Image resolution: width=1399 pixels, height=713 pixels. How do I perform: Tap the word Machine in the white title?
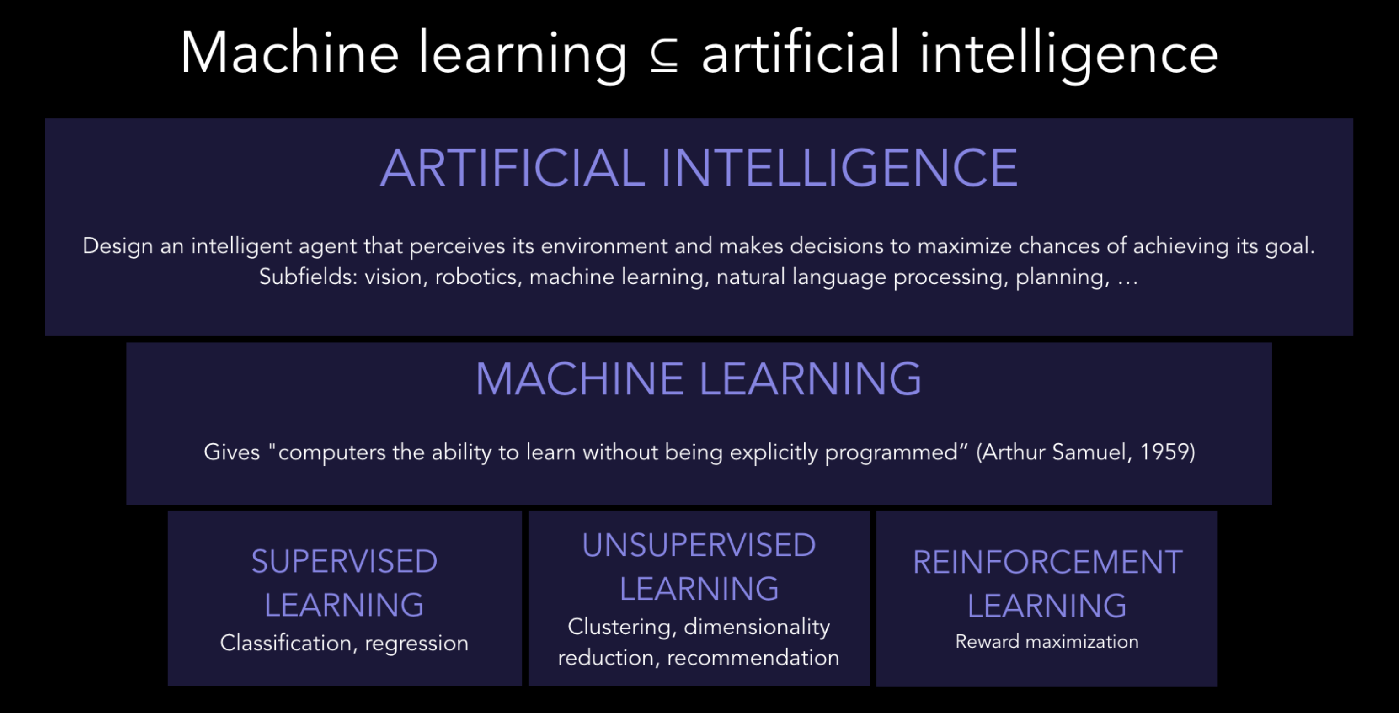coord(290,53)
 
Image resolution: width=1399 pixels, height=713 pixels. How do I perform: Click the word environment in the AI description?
coord(604,246)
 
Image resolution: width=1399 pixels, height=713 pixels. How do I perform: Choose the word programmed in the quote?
coord(891,453)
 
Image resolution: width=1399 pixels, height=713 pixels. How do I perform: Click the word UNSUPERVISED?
coord(699,545)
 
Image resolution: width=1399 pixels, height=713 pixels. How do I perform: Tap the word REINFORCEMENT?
coord(1047,562)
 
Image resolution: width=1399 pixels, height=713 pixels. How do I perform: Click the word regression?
coord(416,644)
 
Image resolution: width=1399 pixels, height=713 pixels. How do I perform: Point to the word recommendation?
coord(753,658)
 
